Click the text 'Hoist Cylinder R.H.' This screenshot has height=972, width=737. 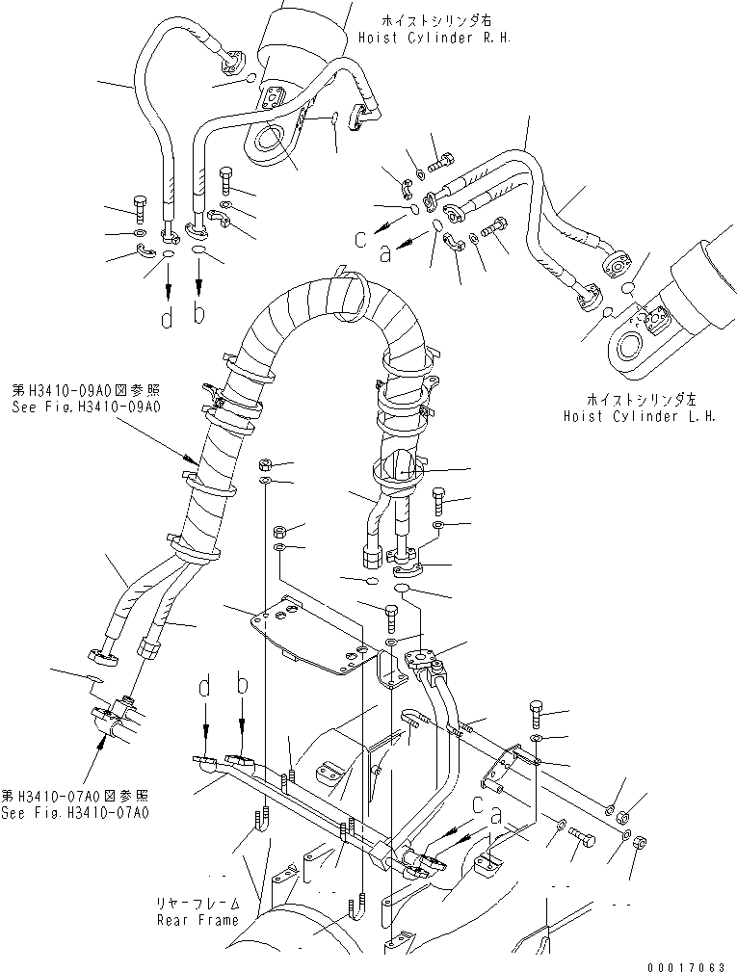pos(434,39)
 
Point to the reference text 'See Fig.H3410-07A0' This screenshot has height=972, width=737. pos(75,813)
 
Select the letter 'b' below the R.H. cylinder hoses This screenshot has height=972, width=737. pos(199,314)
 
